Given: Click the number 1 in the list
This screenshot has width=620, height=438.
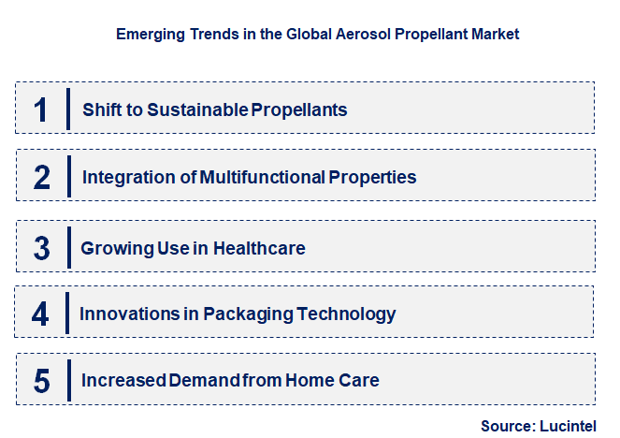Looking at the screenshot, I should (40, 109).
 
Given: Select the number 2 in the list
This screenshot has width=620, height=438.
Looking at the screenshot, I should (41, 178).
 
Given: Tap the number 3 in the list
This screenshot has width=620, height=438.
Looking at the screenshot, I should (41, 249).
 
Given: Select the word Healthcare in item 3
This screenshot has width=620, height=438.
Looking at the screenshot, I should (260, 248).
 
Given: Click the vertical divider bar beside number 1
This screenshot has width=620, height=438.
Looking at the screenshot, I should (68, 109).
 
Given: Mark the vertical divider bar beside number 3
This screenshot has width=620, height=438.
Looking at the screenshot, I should (69, 247).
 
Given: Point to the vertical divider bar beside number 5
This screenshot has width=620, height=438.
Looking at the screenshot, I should (68, 380).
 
